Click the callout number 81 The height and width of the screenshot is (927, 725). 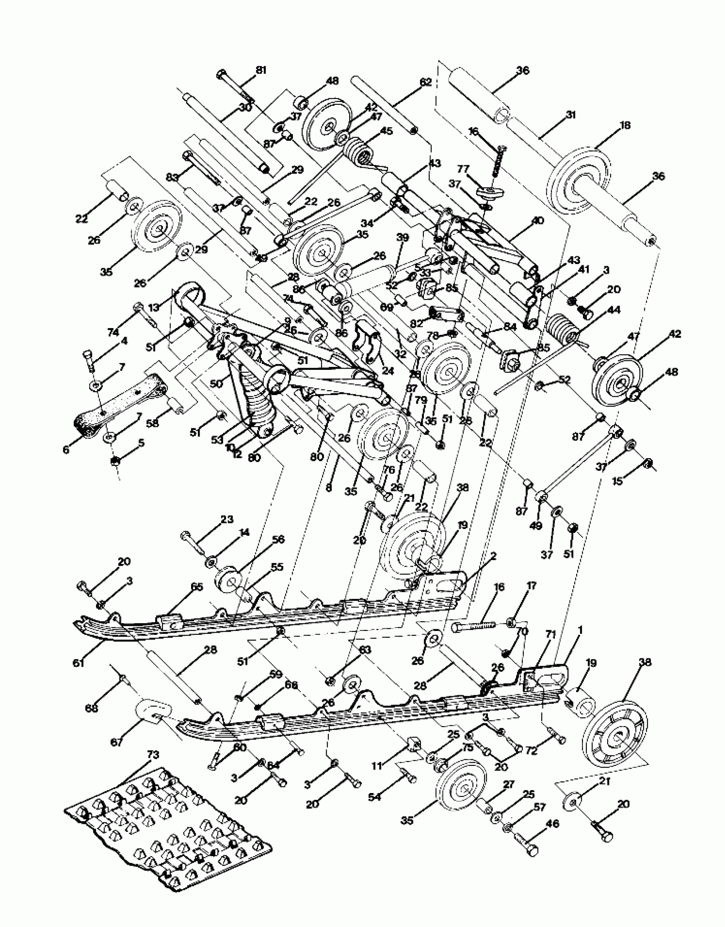pyautogui.click(x=261, y=70)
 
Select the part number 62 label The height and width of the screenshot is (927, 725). pyautogui.click(x=426, y=82)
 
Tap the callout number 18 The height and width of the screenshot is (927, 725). pyautogui.click(x=625, y=125)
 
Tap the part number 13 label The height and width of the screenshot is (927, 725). pyautogui.click(x=154, y=307)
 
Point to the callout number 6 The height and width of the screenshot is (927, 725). pyautogui.click(x=66, y=450)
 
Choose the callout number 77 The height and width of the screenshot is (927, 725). pyautogui.click(x=463, y=169)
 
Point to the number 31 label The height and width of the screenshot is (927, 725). pyautogui.click(x=570, y=115)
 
